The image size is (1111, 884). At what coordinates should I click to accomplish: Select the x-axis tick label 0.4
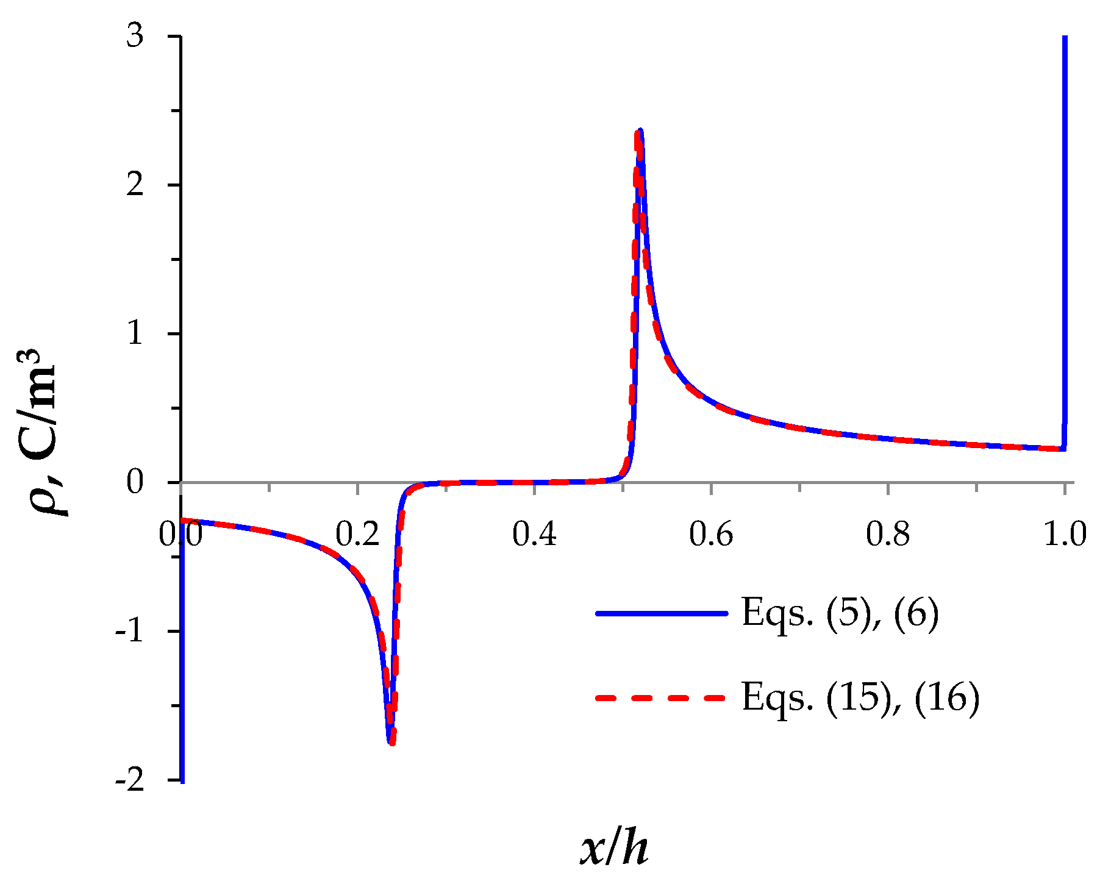534,535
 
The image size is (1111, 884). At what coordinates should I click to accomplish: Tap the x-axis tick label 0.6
710,535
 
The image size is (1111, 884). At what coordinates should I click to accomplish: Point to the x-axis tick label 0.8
887,535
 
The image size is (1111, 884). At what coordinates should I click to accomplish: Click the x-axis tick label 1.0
1065,535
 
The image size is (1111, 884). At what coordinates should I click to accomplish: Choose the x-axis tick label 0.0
180,535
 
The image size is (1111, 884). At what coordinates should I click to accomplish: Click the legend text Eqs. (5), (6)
840,613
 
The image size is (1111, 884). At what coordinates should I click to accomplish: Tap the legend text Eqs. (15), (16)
860,697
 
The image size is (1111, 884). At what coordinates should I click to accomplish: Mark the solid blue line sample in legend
662,613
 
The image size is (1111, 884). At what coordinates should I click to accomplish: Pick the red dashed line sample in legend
662,697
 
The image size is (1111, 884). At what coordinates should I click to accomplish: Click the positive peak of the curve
640,130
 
